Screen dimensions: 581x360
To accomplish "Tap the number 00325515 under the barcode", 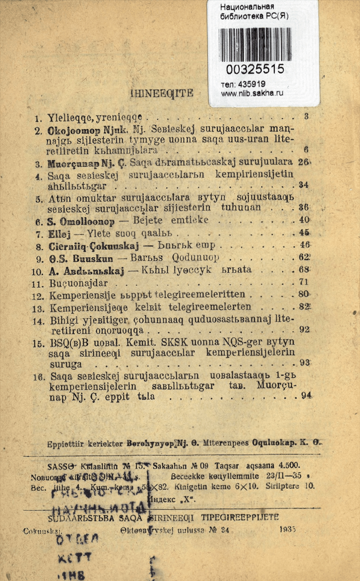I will pos(255,70).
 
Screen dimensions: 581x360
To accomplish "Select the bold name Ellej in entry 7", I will pos(58,232).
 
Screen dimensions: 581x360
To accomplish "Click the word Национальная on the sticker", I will pos(247,7).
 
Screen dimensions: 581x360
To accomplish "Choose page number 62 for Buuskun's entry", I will pos(305,256).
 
